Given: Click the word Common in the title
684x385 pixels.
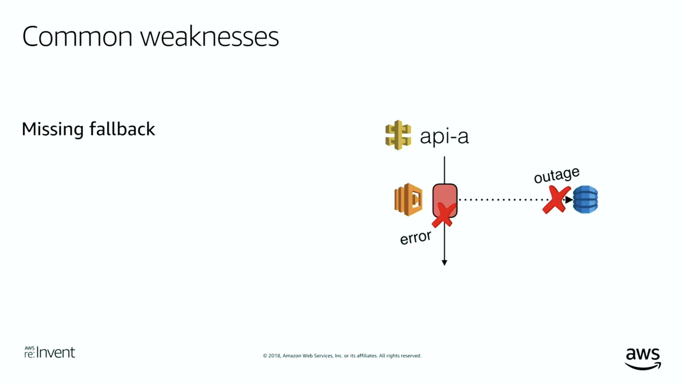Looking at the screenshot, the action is tap(77, 36).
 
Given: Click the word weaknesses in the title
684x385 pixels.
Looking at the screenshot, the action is tap(209, 36).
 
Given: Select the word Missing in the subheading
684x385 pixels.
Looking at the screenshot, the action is tap(53, 129).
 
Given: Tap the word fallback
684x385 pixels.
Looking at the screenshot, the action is tap(122, 129).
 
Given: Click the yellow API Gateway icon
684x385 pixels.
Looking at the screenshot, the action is tap(398, 135).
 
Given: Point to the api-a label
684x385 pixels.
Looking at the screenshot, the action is tap(444, 136).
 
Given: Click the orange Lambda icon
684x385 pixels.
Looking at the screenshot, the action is tap(408, 200).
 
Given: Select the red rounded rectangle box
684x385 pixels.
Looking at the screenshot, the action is tap(445, 201).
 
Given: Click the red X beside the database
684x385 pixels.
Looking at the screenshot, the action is tap(556, 200).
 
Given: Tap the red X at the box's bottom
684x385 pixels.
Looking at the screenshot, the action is tap(444, 215).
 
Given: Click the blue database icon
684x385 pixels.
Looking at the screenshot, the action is tap(585, 200).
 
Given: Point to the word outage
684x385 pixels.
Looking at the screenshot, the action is tap(557, 175).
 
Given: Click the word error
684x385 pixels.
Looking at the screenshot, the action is tap(415, 237).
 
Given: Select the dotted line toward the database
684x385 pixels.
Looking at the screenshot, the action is tap(512, 200).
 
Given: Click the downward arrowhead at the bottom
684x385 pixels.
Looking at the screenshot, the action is tap(444, 262).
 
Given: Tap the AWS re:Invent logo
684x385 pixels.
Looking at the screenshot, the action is tap(50, 352).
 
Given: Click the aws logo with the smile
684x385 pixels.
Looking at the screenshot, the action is tap(643, 358).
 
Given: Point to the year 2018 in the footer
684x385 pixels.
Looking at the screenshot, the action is tap(274, 356).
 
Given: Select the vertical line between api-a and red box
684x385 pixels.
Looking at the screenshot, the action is tap(444, 170).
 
